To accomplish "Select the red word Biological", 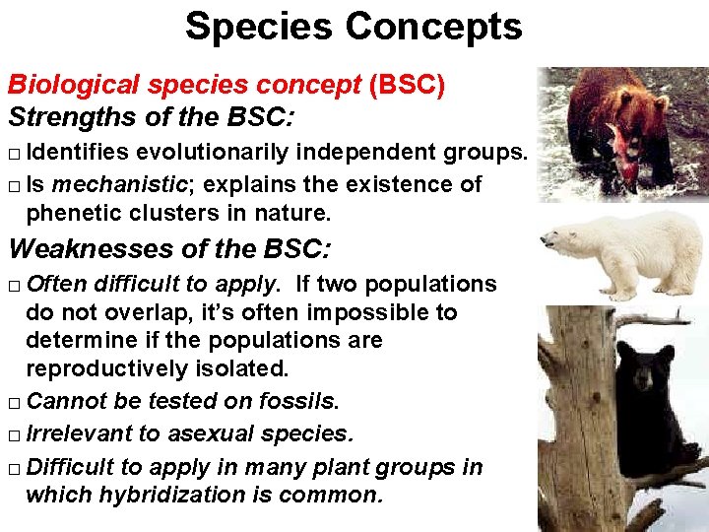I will [x=63, y=86].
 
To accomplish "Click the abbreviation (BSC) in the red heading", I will [x=407, y=86].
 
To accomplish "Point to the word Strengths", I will [x=67, y=117].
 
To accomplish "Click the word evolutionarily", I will [x=211, y=153].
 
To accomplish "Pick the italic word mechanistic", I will [x=108, y=183].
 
